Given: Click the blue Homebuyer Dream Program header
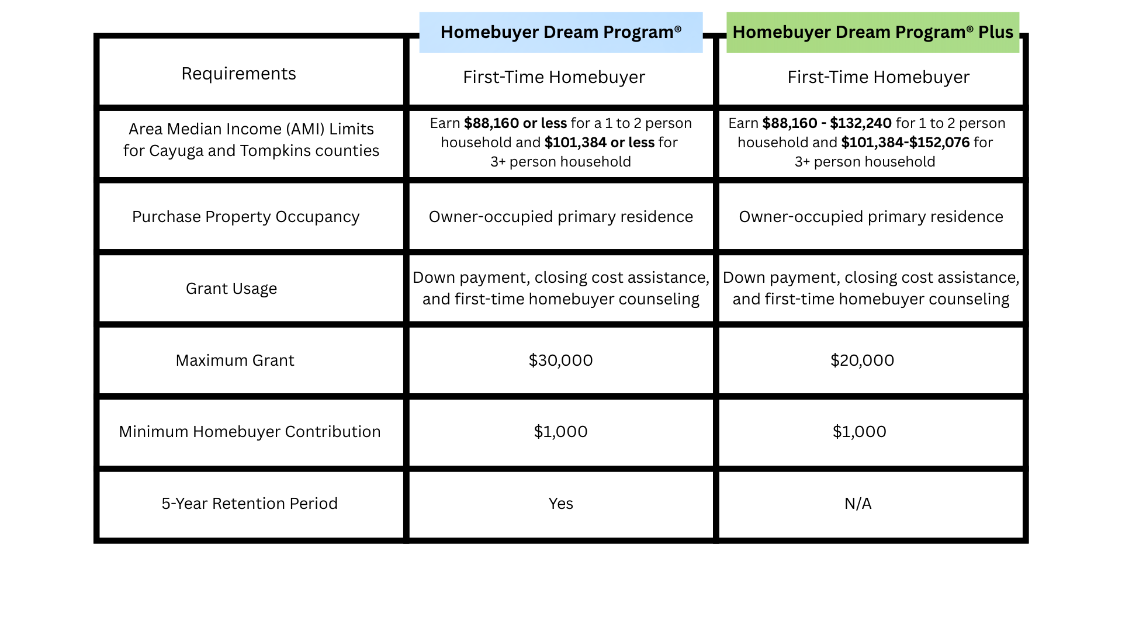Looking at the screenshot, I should (x=560, y=32).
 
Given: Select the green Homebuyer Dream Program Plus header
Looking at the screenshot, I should (x=872, y=32).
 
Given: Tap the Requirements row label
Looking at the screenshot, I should (x=238, y=74).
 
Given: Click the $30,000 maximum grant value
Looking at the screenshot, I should (x=560, y=360).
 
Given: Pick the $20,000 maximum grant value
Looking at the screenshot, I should (x=862, y=360).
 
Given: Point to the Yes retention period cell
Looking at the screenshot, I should (x=560, y=503).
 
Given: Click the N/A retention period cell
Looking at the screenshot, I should (x=858, y=503).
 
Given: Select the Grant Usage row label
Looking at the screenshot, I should (x=231, y=288).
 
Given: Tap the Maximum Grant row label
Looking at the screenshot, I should (x=235, y=360).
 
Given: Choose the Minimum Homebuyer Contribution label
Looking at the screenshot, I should (x=250, y=431).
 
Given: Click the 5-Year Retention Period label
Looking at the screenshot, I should (x=250, y=503).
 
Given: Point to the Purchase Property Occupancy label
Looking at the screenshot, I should (x=245, y=216).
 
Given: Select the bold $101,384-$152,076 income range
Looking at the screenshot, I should (x=905, y=143).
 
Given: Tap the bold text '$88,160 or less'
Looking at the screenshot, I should (x=515, y=123).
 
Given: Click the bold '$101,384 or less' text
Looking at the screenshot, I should (x=599, y=143).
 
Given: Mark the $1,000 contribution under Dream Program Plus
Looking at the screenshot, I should (x=859, y=431).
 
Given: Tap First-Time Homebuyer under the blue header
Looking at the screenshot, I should (x=554, y=77).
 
